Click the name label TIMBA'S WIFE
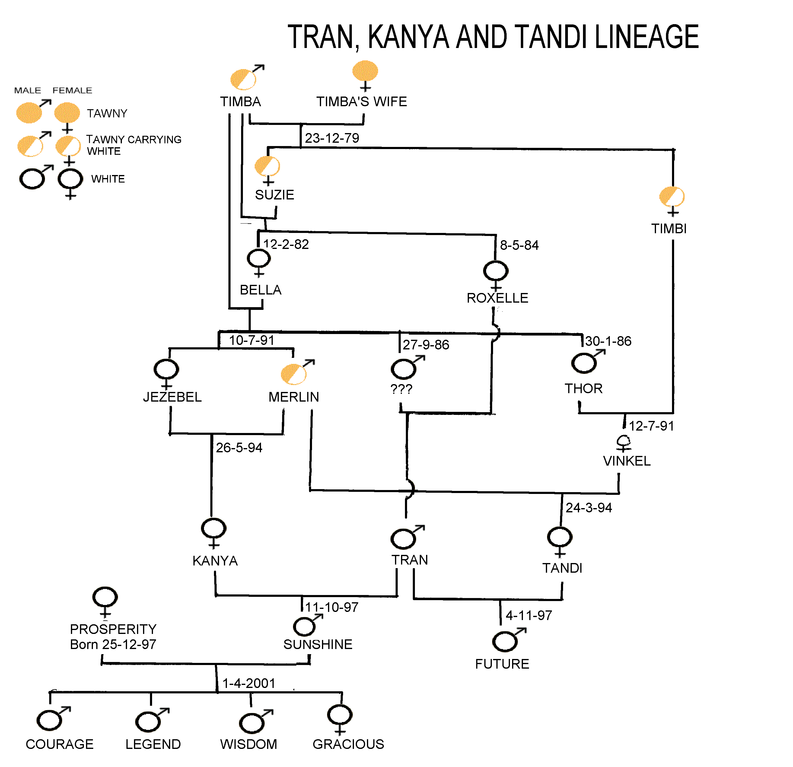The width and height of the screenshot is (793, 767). pyautogui.click(x=361, y=102)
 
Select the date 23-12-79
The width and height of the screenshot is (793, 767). pyautogui.click(x=332, y=138)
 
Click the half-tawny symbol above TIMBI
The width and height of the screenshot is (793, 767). pyautogui.click(x=672, y=197)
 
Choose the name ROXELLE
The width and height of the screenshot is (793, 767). pyautogui.click(x=497, y=298)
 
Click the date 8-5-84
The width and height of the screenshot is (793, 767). pyautogui.click(x=519, y=245)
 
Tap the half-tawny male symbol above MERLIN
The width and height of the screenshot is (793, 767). pyautogui.click(x=294, y=373)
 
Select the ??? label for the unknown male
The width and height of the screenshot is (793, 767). pyautogui.click(x=401, y=389)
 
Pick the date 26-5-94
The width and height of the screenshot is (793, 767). pyautogui.click(x=239, y=448)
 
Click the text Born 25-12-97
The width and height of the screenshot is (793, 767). pyautogui.click(x=113, y=644)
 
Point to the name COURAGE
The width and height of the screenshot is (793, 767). pyautogui.click(x=59, y=744)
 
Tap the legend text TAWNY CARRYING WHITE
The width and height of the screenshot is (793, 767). pyautogui.click(x=133, y=145)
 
